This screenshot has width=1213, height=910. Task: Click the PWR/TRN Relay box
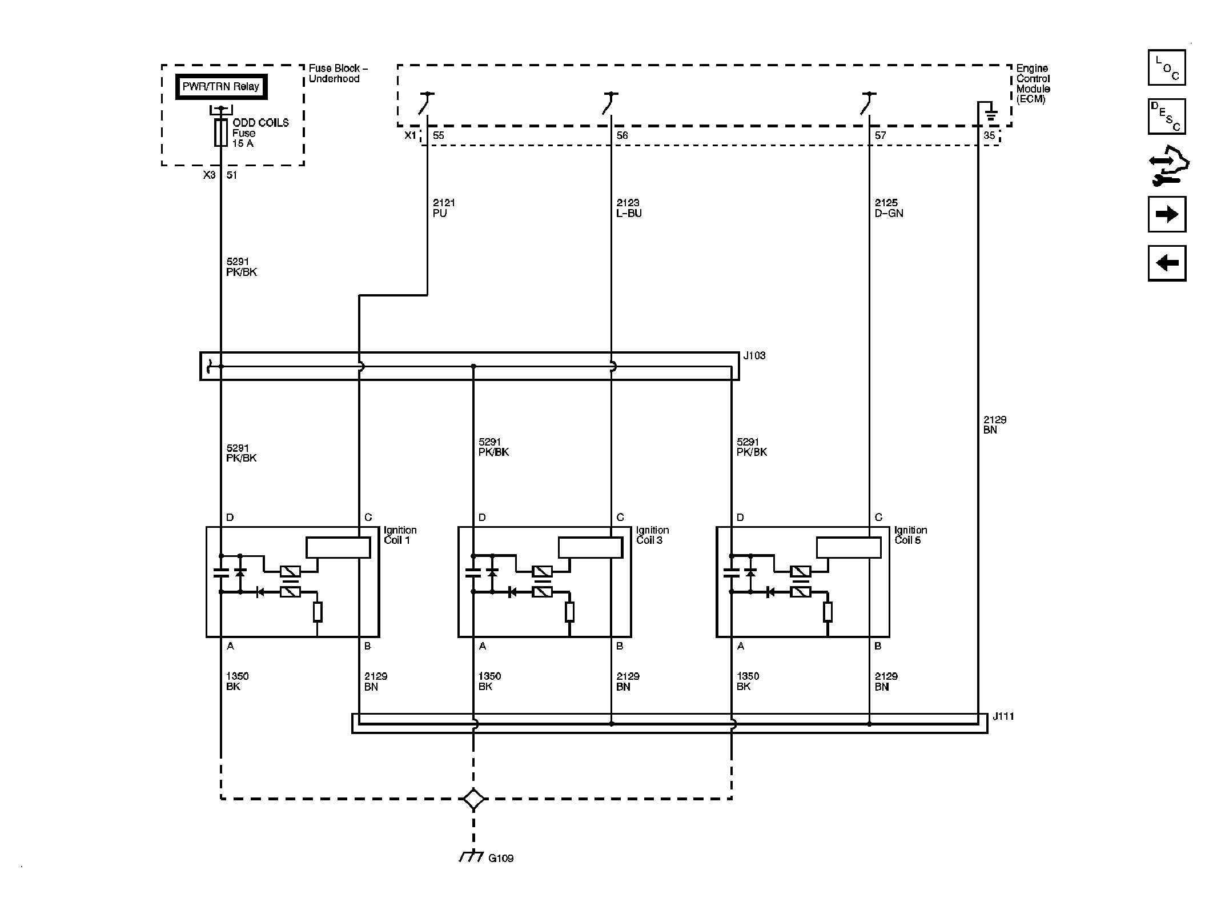pyautogui.click(x=221, y=87)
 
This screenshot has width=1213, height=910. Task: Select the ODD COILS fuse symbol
pyautogui.click(x=221, y=133)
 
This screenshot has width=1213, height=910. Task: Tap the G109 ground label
pyautogui.click(x=501, y=874)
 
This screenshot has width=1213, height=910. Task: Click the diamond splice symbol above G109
pyautogui.click(x=473, y=799)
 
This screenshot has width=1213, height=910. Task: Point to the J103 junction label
pyautogui.click(x=754, y=355)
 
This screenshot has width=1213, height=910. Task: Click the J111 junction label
pyautogui.click(x=1003, y=716)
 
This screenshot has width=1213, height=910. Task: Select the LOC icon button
pyautogui.click(x=1167, y=67)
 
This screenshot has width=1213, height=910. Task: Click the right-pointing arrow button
pyautogui.click(x=1167, y=214)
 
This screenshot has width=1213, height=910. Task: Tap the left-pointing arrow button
pyautogui.click(x=1167, y=263)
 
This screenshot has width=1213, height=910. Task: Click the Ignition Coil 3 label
pyautogui.click(x=652, y=535)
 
